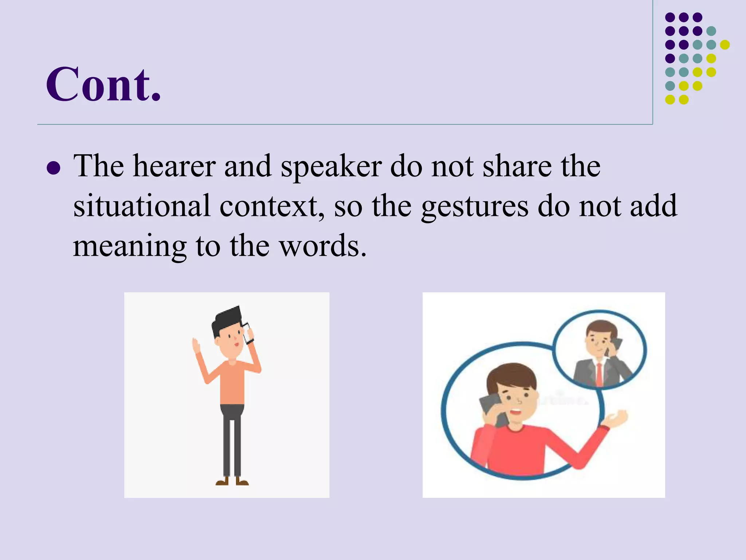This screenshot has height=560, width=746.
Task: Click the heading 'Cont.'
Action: (103, 85)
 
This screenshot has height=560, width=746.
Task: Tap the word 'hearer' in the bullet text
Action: (174, 166)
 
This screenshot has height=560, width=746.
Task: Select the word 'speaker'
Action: (331, 167)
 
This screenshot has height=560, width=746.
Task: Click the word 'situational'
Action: (142, 206)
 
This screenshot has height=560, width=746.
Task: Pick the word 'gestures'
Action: (474, 207)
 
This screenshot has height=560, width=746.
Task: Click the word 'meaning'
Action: (130, 246)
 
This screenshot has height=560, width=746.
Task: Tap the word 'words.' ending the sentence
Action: (323, 246)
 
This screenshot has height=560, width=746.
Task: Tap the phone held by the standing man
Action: (248, 333)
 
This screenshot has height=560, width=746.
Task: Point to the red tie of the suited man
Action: (599, 375)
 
